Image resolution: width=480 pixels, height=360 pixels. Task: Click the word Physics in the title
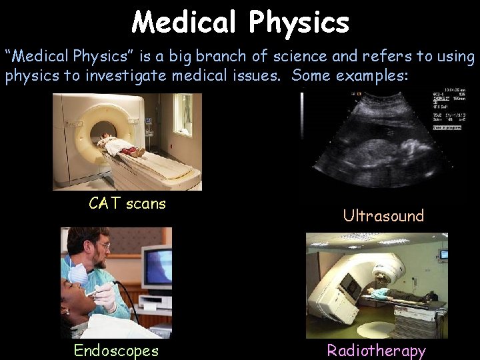[299, 23]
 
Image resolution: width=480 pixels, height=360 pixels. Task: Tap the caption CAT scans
[127, 203]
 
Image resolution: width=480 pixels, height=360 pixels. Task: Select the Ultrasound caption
[383, 215]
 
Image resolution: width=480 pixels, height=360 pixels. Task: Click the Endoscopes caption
[116, 350]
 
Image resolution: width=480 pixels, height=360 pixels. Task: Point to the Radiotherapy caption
[376, 351]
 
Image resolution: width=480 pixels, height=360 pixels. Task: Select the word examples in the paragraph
[369, 75]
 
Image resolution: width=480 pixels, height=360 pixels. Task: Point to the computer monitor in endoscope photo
[157, 267]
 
